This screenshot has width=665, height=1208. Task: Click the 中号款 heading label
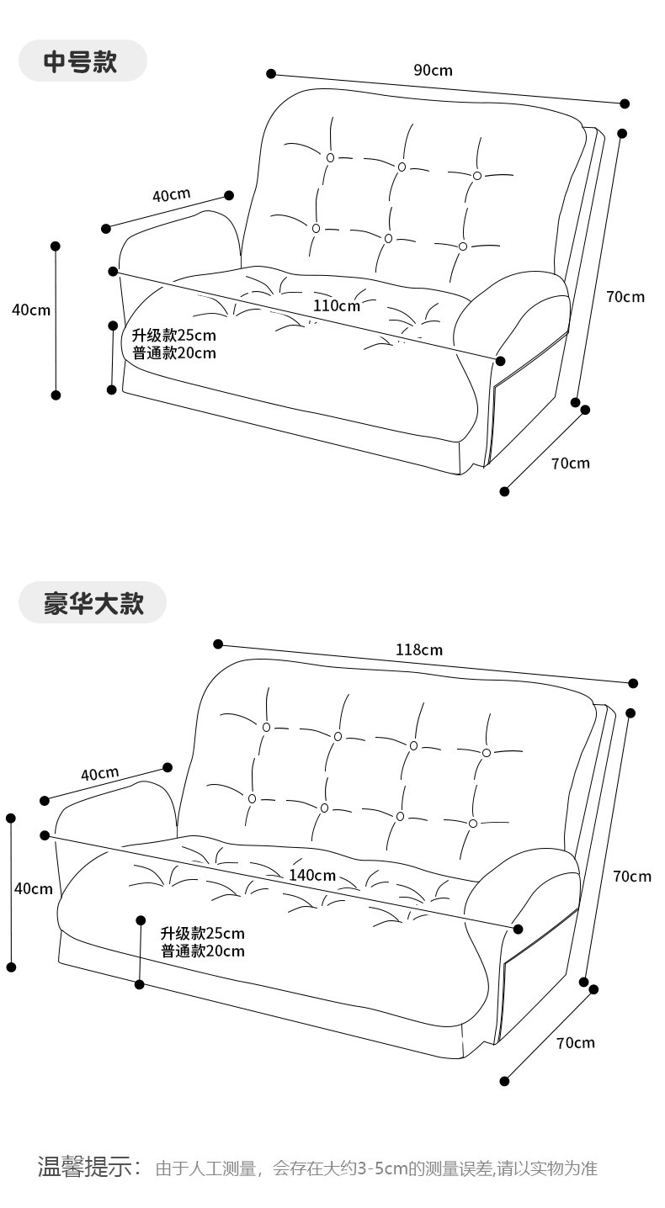pos(81,61)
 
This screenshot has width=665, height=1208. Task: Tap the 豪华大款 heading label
pos(93,603)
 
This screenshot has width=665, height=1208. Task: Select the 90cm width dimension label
pos(433,70)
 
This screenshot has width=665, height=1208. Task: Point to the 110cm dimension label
pos(337,305)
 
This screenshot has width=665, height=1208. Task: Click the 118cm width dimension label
pos(419,649)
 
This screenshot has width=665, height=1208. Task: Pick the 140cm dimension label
pos(312,875)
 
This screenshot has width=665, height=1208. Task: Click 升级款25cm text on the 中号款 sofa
pos(173,336)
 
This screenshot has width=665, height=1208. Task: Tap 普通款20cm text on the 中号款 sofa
pos(173,353)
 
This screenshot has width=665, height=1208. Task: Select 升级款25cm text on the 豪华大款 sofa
pos(203,933)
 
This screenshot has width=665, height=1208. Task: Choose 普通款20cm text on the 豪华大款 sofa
pos(203,951)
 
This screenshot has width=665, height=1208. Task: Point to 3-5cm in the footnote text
pos(382,1168)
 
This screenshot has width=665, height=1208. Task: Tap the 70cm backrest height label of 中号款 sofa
pos(625,296)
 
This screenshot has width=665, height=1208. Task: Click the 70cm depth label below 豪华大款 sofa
pos(575,1042)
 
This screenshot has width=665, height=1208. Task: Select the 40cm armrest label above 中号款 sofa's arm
pos(171,195)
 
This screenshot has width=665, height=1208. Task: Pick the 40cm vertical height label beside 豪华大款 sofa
pos(34,888)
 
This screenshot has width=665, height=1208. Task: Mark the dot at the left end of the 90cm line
pos(271,74)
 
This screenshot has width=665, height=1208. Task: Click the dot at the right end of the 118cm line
pos(633,683)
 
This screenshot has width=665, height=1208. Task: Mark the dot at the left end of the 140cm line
pos(45,835)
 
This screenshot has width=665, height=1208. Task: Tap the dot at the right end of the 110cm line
pos(501,361)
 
